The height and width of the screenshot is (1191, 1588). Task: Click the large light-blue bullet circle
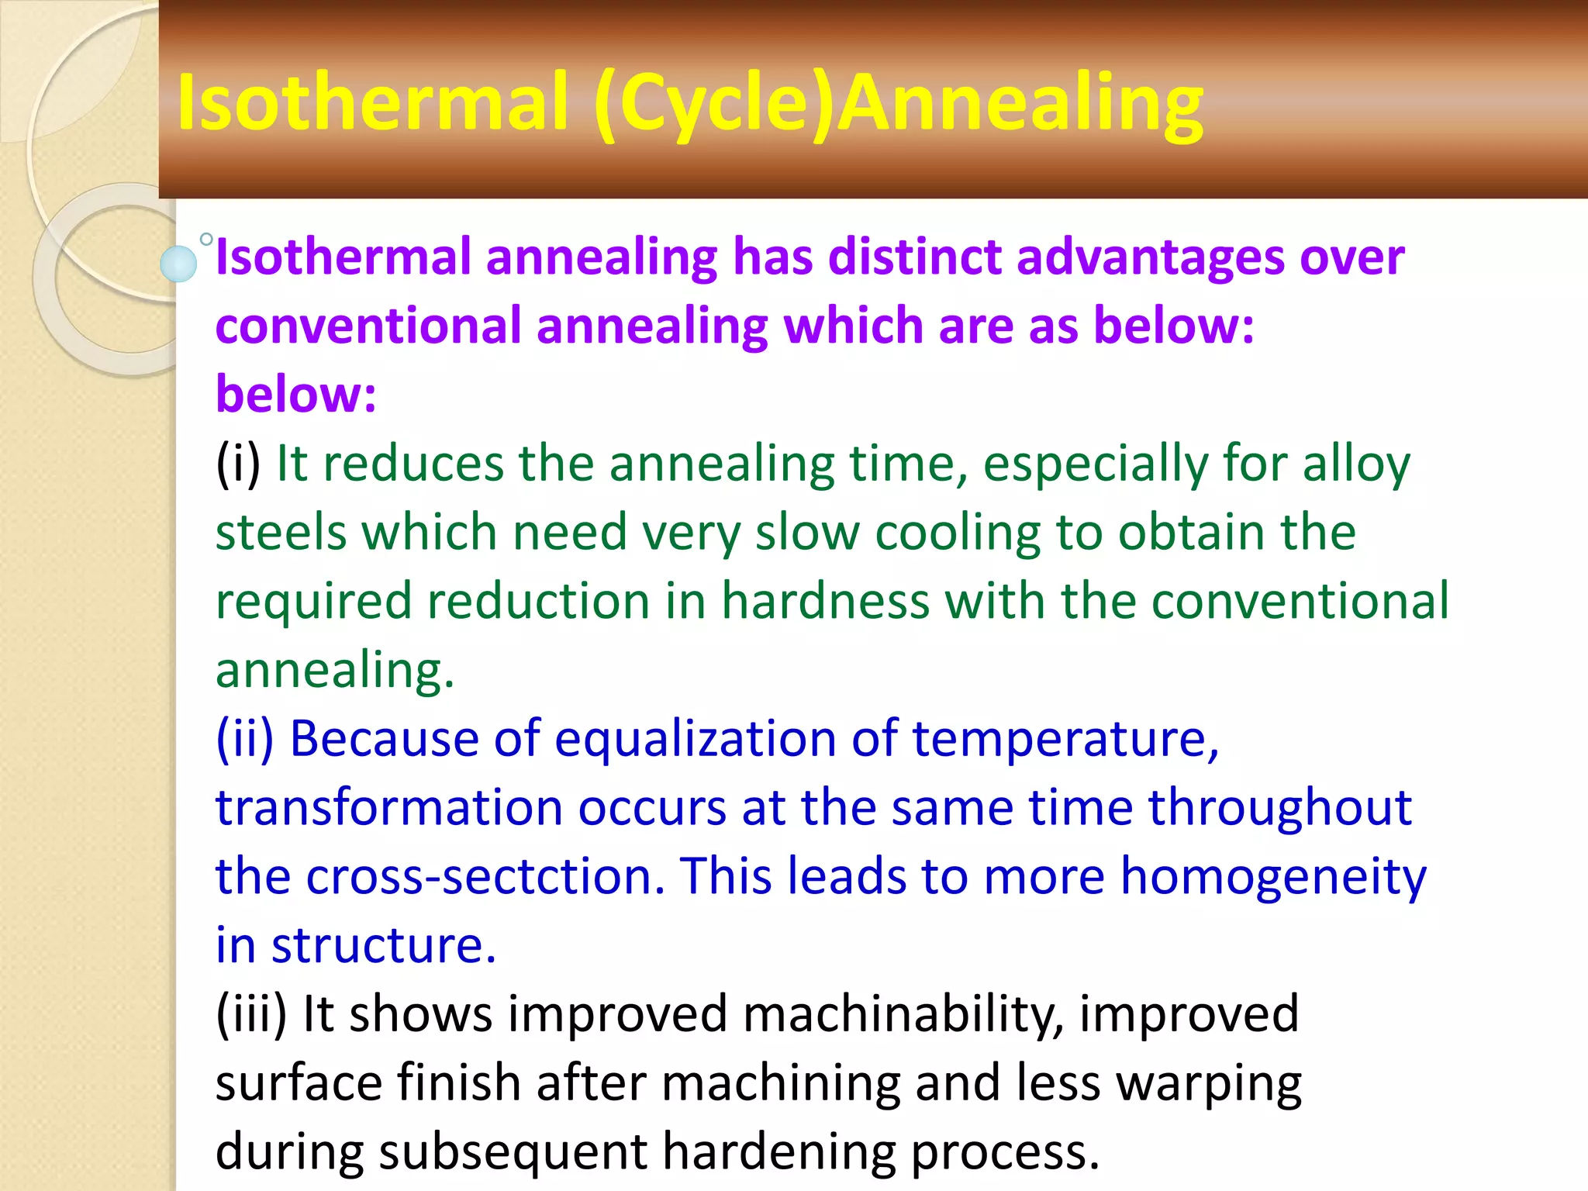(178, 264)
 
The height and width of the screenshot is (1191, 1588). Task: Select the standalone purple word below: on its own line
(295, 395)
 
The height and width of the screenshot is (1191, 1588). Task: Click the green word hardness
(825, 602)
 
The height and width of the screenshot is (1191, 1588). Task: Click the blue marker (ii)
(245, 738)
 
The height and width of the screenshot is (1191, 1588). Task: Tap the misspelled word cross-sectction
(485, 876)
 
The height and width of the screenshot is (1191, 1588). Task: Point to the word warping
(1209, 1084)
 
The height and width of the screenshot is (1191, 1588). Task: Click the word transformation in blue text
(388, 808)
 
